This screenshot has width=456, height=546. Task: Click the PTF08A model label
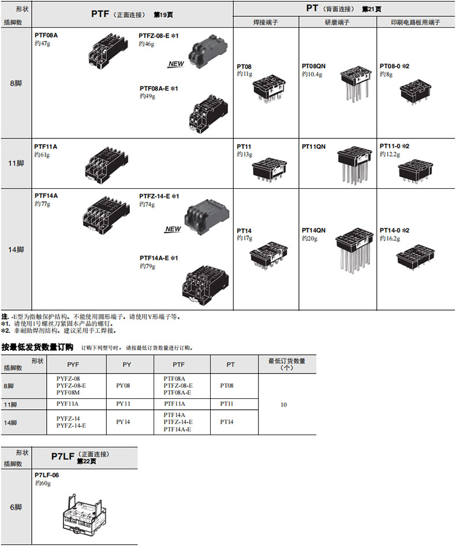46,35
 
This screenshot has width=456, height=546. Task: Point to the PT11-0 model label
394,147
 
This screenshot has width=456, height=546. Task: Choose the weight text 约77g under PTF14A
42,204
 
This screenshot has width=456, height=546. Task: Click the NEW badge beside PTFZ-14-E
173,229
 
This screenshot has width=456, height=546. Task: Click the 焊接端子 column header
266,23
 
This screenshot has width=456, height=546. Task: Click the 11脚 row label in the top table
16,163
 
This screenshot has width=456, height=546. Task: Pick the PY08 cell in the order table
124,385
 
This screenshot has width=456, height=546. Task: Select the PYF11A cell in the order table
68,404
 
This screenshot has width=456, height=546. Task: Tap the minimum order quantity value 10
283,405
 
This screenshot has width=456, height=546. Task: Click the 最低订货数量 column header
287,364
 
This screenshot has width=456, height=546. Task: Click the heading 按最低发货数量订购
38,347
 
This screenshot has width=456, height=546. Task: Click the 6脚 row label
16,507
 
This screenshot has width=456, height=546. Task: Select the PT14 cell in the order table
227,422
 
